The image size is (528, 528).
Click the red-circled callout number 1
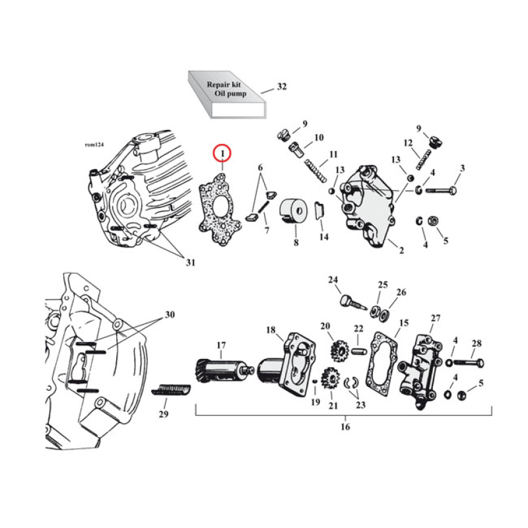(222, 154)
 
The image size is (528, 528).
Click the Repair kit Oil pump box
(224, 95)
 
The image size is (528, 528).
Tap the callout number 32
(282, 86)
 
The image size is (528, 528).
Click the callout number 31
(190, 263)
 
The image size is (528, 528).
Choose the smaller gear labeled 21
(329, 380)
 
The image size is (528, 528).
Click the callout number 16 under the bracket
(345, 427)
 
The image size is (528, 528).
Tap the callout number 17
(221, 344)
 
